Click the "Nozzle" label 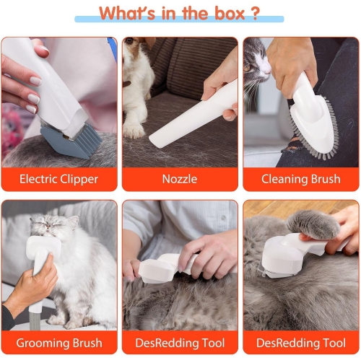click(179, 179)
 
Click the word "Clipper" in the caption click(80, 179)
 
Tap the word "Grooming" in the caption click(40, 342)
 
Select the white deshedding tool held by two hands click(166, 268)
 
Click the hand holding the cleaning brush click(292, 61)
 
